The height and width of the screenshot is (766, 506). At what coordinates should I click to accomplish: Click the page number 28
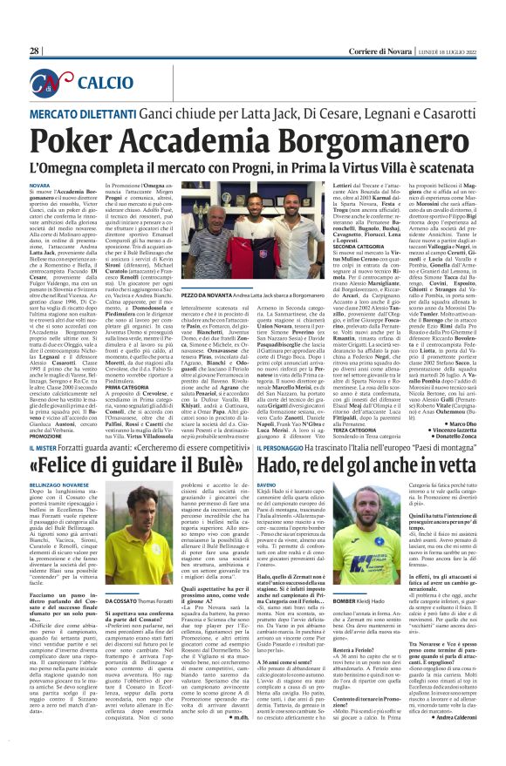[x=34, y=51]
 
